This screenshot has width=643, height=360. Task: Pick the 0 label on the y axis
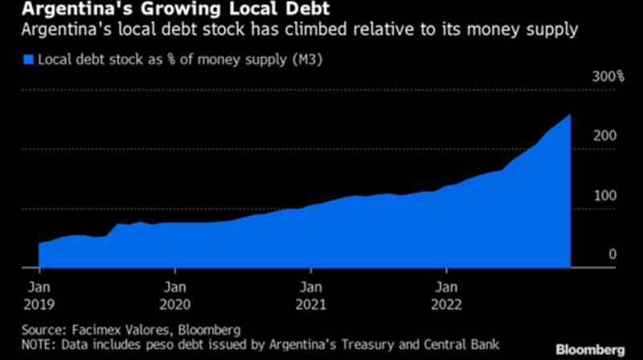click(x=612, y=255)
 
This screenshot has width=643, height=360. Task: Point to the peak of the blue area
click(x=570, y=116)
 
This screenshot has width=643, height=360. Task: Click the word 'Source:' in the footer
click(x=43, y=329)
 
